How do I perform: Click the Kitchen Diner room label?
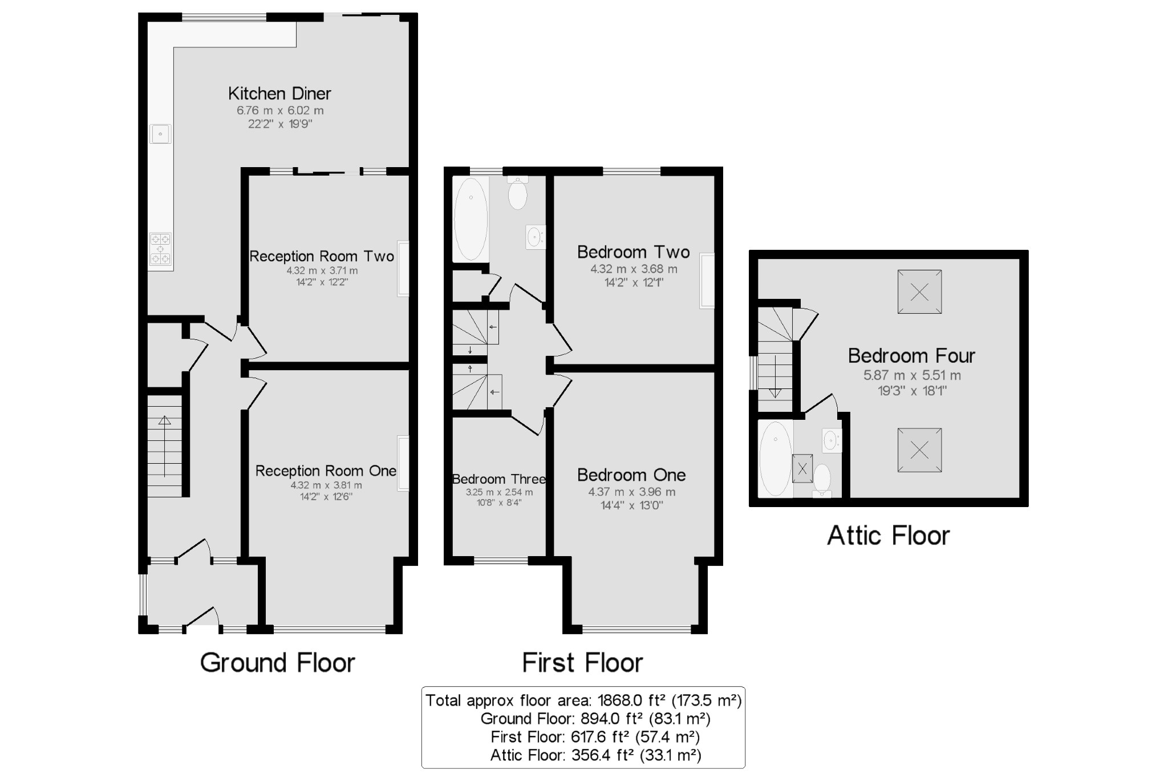(x=279, y=94)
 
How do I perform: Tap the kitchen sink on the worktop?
(x=160, y=134)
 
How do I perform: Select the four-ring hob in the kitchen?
(x=160, y=250)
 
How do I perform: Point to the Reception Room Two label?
(x=322, y=256)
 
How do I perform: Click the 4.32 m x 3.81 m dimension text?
(x=326, y=485)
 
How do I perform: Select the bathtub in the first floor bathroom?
(x=471, y=220)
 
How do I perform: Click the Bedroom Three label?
(x=498, y=479)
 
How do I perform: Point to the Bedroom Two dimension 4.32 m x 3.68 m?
(x=634, y=269)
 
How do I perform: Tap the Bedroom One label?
(x=631, y=475)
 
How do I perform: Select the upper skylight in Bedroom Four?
(x=919, y=292)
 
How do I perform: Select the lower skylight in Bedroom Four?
(x=919, y=451)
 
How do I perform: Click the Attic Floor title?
(x=888, y=536)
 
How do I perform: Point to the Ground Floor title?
(x=277, y=663)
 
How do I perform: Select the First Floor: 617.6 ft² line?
(x=595, y=737)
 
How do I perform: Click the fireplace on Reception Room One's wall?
(x=403, y=463)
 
